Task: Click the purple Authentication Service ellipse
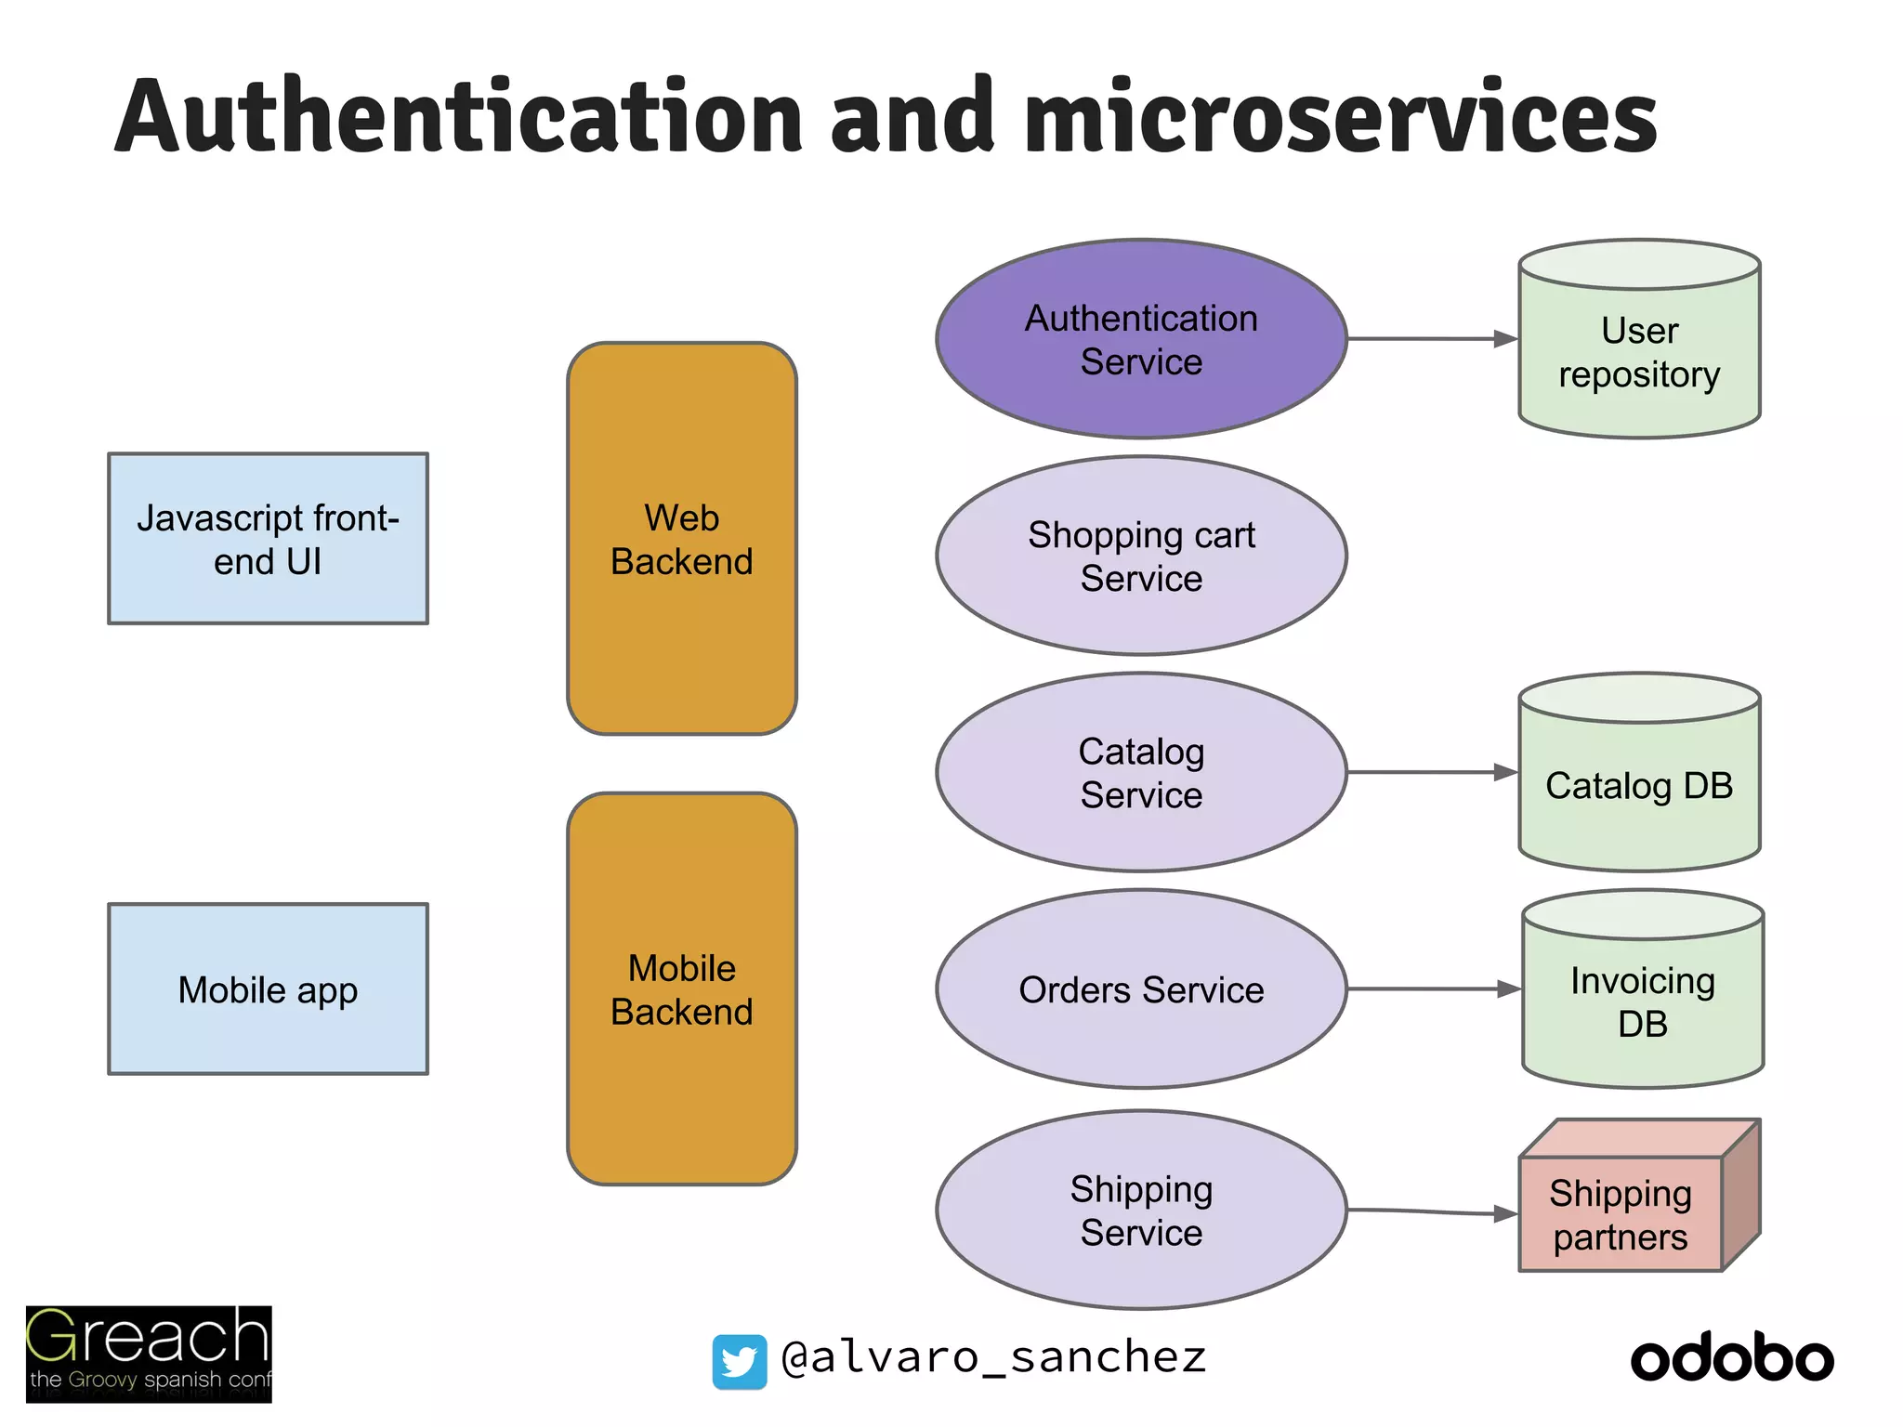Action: pos(1141,339)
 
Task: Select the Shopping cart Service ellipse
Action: pos(1141,556)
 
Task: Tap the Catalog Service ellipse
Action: pos(1141,772)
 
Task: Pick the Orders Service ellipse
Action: pos(1141,989)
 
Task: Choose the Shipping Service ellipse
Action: pos(1141,1210)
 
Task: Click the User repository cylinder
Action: pos(1639,353)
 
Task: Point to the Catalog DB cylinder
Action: pos(1639,785)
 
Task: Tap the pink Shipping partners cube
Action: pos(1621,1212)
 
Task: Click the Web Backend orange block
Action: pos(682,539)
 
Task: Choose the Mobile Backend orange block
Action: pos(682,989)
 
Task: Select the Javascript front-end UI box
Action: pos(268,539)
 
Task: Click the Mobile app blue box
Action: pos(268,989)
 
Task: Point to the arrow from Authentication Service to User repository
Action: pos(1431,339)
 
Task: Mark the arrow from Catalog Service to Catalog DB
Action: pos(1431,772)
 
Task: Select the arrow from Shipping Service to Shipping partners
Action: pos(1431,1211)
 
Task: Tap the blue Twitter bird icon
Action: pos(740,1362)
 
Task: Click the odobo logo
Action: pos(1732,1358)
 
